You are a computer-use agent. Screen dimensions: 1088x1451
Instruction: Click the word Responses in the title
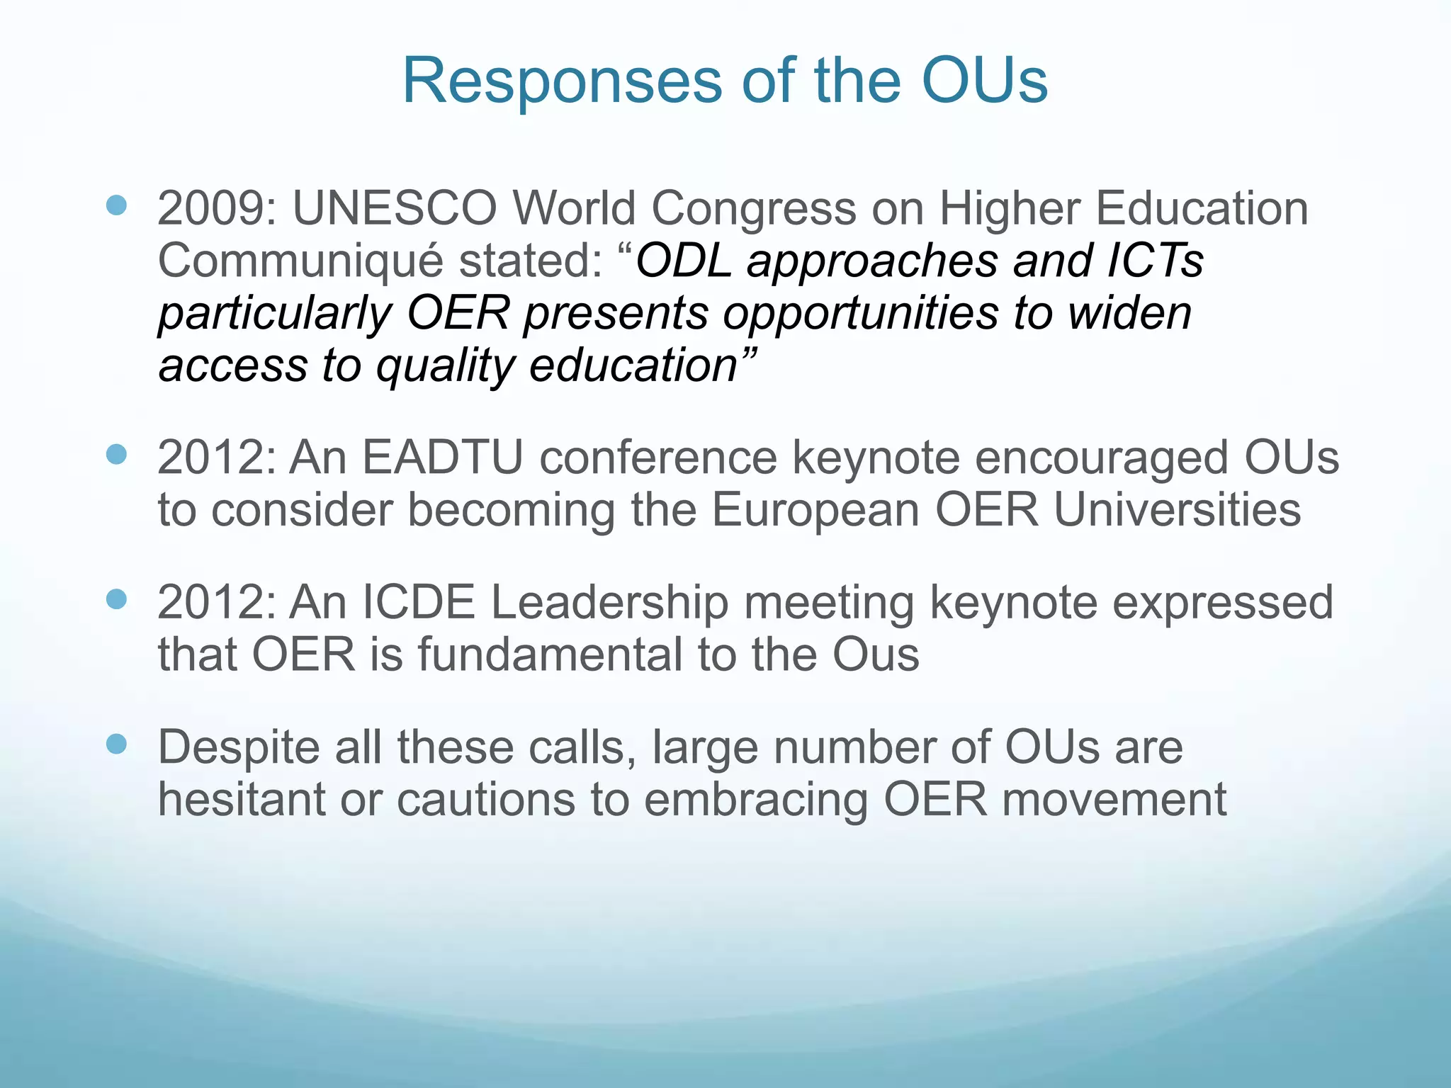click(562, 81)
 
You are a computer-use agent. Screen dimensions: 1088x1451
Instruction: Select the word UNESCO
click(395, 208)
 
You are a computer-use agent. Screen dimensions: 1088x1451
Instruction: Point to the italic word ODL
click(683, 261)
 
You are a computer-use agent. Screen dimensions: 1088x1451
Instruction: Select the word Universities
click(1177, 510)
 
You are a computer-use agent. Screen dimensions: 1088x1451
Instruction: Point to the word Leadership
click(609, 603)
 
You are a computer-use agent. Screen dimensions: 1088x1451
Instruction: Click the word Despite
click(238, 748)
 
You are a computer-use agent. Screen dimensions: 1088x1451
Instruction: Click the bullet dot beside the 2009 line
click(116, 206)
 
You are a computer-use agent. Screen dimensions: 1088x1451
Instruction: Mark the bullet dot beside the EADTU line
click(116, 455)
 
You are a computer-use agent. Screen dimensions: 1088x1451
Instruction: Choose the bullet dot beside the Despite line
click(116, 744)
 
